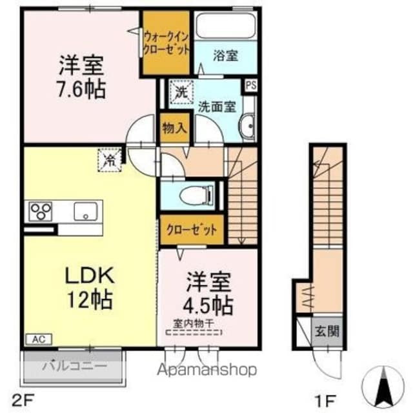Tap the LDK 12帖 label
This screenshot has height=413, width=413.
(90, 287)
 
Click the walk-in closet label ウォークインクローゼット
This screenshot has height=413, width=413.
(166, 42)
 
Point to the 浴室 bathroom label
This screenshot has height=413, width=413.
(225, 56)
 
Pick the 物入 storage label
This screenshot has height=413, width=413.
(174, 127)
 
